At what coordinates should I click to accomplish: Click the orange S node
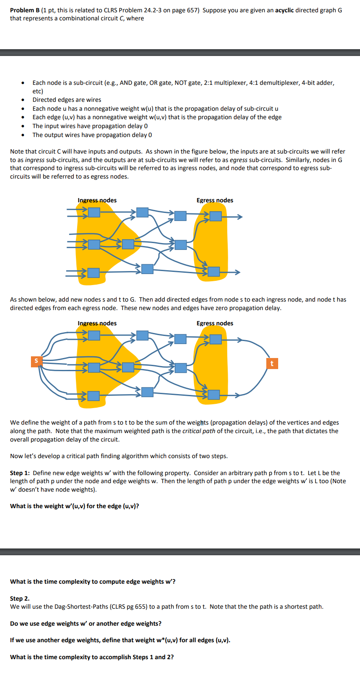pos(36,361)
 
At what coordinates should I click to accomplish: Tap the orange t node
pos(272,364)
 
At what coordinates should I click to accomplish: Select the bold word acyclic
pos(284,10)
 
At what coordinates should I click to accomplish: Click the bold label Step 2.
pos(20,599)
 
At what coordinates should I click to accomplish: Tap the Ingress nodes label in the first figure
pos(97,200)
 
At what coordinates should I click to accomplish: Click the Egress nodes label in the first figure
pos(215,200)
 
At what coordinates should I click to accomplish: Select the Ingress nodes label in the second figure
pos(97,323)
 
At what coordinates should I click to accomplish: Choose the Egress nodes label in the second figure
pos(215,323)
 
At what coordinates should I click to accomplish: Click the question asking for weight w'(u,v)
pos(75,506)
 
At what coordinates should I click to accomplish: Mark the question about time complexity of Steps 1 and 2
pos(92,657)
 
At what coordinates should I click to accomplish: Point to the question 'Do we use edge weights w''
pos(86,624)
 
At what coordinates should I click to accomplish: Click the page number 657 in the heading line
pos(193,10)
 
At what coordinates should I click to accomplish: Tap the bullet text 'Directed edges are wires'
pos(67,100)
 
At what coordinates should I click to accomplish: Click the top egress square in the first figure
pos(216,216)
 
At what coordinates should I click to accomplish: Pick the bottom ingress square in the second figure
pos(94,396)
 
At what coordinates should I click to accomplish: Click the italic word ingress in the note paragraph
pos(35,160)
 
